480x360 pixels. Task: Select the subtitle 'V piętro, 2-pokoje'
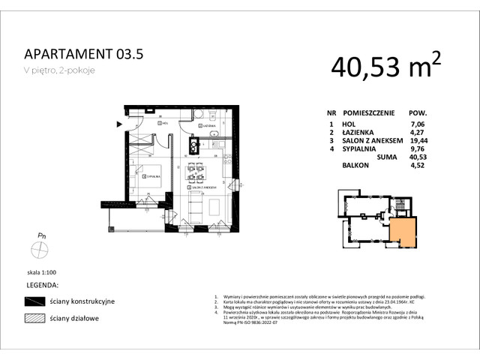point(60,70)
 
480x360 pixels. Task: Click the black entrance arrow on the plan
point(118,124)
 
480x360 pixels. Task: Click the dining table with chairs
point(196,172)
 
